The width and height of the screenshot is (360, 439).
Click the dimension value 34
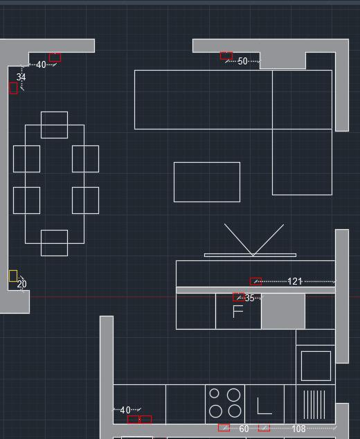[x=21, y=77]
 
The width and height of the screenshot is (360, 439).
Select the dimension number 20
[x=22, y=284]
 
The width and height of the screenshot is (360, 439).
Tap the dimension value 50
[x=242, y=61]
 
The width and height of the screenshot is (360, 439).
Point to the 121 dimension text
[x=295, y=281]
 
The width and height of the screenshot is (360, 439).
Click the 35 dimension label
[x=249, y=298]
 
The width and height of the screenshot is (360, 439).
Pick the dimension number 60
[x=244, y=429]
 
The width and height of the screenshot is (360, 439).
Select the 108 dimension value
[x=298, y=429]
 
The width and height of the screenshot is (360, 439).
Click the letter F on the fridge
[x=237, y=312]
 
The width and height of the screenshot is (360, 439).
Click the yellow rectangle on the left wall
[x=13, y=276]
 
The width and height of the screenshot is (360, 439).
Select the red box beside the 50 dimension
[x=226, y=55]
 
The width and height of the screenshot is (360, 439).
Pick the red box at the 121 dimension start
[x=255, y=281]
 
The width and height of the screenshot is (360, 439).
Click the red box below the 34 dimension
[x=13, y=88]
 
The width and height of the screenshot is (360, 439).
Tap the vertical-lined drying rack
[x=314, y=404]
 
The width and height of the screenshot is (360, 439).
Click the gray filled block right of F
[x=283, y=312]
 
